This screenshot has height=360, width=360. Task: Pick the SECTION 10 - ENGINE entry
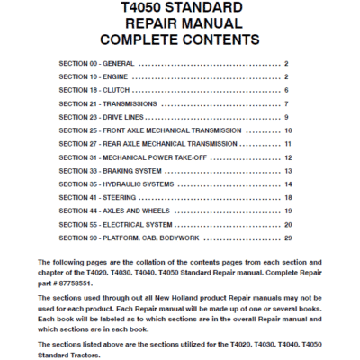(x=94, y=77)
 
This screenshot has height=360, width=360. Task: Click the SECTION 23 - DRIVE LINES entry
(x=102, y=118)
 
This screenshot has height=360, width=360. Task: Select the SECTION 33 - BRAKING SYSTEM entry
(x=110, y=171)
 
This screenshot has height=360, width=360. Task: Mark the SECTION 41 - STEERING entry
(x=97, y=198)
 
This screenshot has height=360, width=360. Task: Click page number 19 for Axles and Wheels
(x=288, y=211)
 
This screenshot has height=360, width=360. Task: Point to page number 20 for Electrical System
(x=288, y=224)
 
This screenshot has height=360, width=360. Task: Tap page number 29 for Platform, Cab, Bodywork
(x=288, y=238)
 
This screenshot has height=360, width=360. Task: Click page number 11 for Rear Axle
(x=288, y=144)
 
